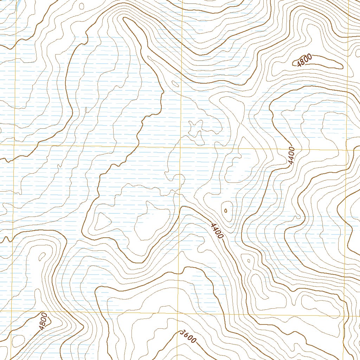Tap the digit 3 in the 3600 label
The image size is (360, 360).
[181, 333]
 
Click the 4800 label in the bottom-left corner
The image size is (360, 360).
[43, 321]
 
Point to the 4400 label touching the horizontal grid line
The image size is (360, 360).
[291, 156]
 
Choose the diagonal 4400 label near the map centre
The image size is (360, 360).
[215, 231]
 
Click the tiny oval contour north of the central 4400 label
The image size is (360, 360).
[225, 211]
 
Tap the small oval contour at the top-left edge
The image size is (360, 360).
[82, 6]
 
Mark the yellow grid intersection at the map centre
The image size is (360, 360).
[180, 147]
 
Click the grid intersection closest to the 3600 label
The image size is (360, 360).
[178, 312]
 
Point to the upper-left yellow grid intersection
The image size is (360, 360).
[14, 144]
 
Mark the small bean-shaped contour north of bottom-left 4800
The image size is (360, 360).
[42, 256]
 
